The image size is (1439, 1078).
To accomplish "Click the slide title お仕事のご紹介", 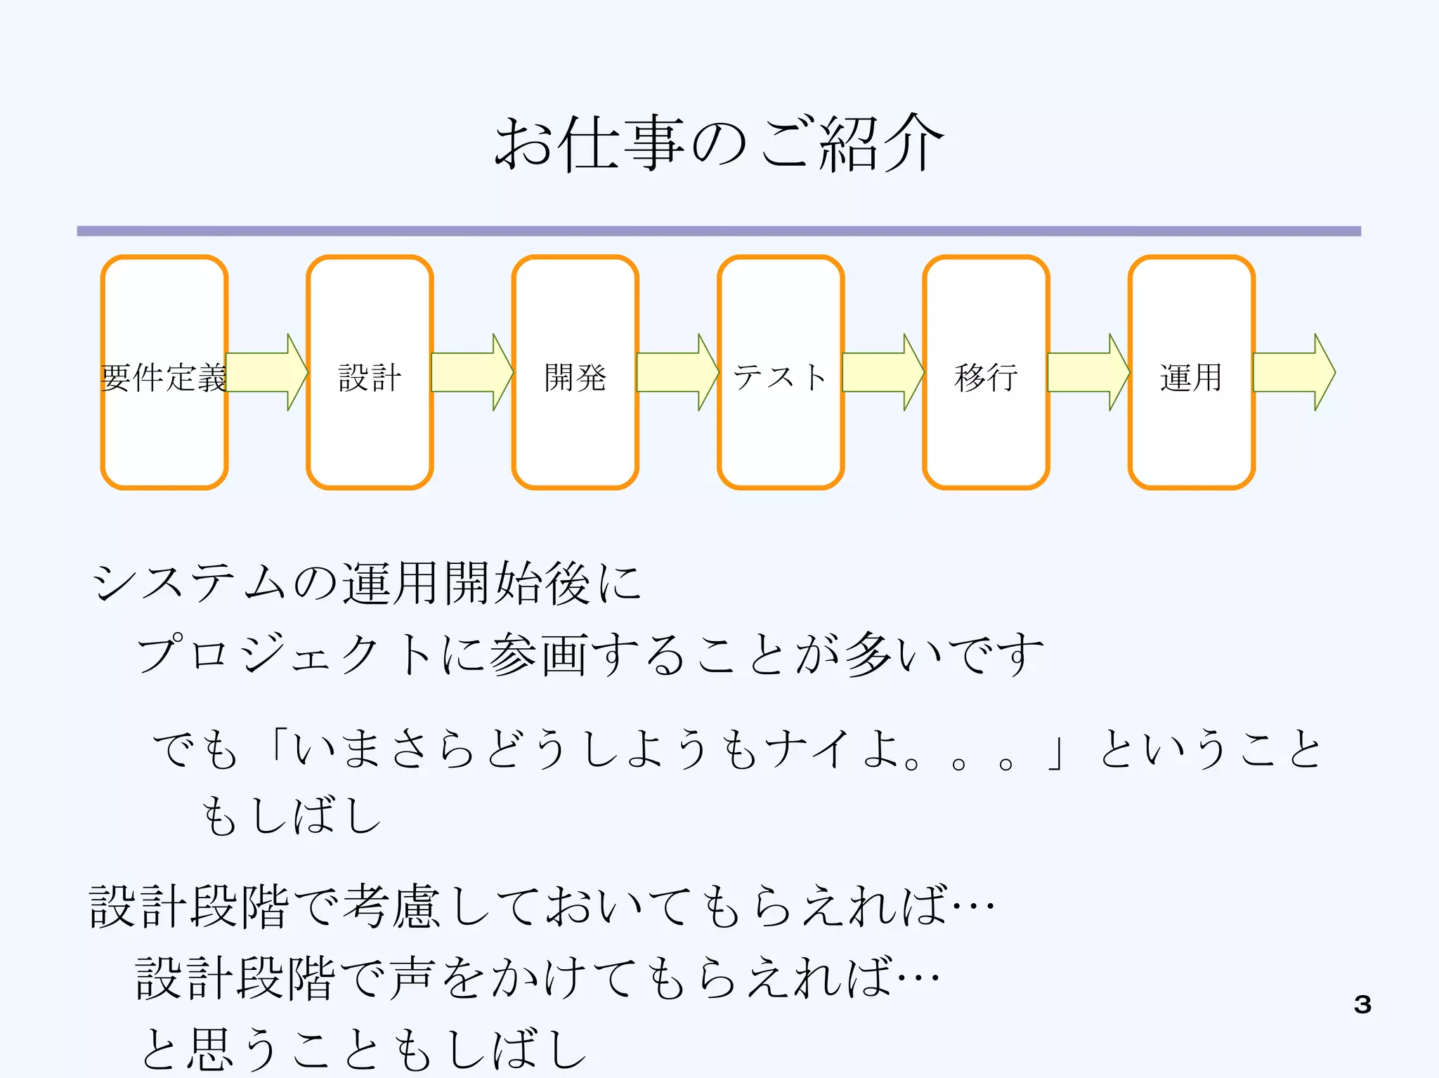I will pyautogui.click(x=719, y=143).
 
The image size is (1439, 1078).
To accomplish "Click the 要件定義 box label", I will pyautogui.click(x=164, y=377).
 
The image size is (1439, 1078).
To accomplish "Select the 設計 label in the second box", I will pyautogui.click(x=370, y=377).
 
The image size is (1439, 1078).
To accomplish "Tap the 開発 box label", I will pyautogui.click(x=575, y=377).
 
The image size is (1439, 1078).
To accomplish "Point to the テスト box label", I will pyautogui.click(x=780, y=377).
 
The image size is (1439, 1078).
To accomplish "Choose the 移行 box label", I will pyautogui.click(x=986, y=377).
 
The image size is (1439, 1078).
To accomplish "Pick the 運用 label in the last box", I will pyautogui.click(x=1191, y=377).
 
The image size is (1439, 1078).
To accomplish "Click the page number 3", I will pyautogui.click(x=1362, y=1004).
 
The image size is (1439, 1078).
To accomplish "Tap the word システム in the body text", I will pyautogui.click(x=190, y=583).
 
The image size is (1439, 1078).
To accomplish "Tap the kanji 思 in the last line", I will pyautogui.click(x=210, y=1049).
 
